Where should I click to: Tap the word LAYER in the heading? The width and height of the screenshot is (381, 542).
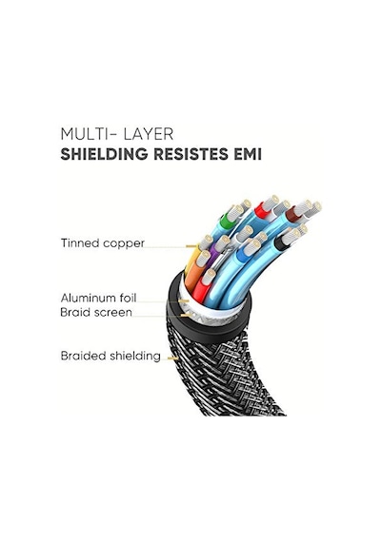149,134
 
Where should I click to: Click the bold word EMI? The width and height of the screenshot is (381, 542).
248,154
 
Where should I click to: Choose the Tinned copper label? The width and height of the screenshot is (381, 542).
103,243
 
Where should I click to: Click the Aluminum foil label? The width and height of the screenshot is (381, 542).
99,298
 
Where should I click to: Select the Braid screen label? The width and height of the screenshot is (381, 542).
96,312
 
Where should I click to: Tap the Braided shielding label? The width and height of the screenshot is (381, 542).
110,356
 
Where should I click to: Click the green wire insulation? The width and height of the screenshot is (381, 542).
226,218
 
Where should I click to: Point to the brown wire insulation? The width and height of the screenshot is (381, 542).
293,214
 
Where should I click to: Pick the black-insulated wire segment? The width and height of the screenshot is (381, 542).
281,243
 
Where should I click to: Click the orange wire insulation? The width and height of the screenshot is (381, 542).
194,272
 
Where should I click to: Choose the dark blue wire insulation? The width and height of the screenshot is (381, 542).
242,256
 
